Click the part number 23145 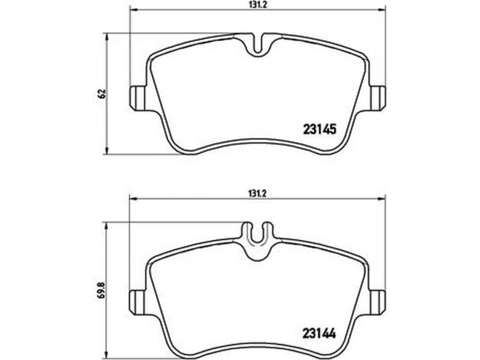pos(319,129)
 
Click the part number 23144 pos(319,334)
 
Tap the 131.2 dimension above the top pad pos(258,6)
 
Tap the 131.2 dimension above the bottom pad pos(258,194)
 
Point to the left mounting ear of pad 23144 pos(137,302)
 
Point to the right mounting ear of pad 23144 pos(378,302)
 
